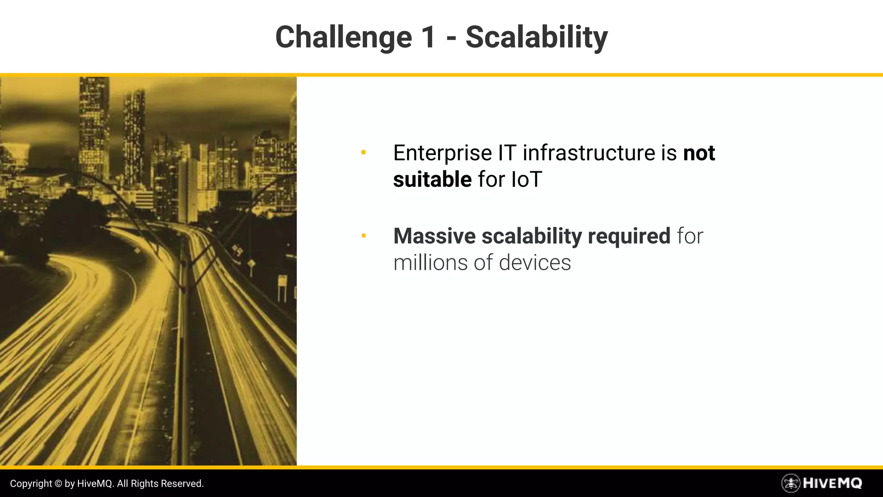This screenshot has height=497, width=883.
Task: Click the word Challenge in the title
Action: click(x=344, y=38)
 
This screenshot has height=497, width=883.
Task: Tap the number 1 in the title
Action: click(x=428, y=38)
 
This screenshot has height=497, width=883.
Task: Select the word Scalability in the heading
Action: click(x=536, y=38)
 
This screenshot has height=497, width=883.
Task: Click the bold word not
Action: click(x=699, y=153)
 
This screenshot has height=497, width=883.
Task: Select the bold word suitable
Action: click(x=432, y=179)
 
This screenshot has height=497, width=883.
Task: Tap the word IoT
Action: click(x=526, y=179)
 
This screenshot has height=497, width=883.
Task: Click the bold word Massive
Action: click(x=434, y=236)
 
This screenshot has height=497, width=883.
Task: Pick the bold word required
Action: click(x=629, y=236)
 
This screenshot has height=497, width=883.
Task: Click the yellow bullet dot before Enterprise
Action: click(x=363, y=152)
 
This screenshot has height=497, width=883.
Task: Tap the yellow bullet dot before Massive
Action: click(x=363, y=236)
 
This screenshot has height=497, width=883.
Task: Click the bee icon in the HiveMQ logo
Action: click(x=790, y=483)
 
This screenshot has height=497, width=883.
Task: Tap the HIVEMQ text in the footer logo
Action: click(x=832, y=483)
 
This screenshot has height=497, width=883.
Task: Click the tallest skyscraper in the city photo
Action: click(x=94, y=129)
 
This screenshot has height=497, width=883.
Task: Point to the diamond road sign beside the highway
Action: click(x=251, y=263)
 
